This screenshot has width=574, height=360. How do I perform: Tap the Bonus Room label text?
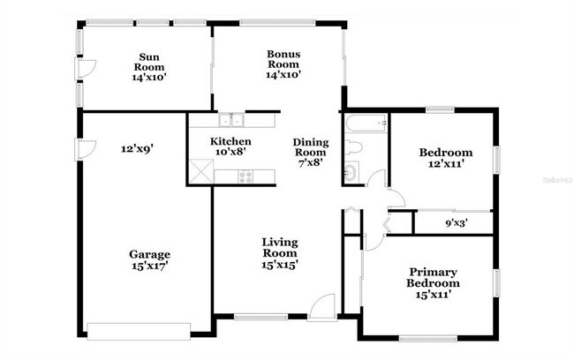tap(284, 59)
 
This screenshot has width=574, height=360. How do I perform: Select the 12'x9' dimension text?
tap(138, 149)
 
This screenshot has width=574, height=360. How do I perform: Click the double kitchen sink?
tap(231, 121)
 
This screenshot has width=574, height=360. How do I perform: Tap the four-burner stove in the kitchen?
tap(246, 176)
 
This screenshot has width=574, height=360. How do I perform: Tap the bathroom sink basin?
tap(351, 173)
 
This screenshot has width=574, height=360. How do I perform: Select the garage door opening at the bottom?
tap(139, 331)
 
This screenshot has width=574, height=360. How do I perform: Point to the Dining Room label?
tap(310, 147)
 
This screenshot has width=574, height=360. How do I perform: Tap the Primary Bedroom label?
tap(433, 278)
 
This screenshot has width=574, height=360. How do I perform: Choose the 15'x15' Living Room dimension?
tap(279, 265)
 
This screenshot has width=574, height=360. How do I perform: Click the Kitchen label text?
tap(230, 141)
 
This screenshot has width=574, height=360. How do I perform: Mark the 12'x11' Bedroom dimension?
tap(445, 164)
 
